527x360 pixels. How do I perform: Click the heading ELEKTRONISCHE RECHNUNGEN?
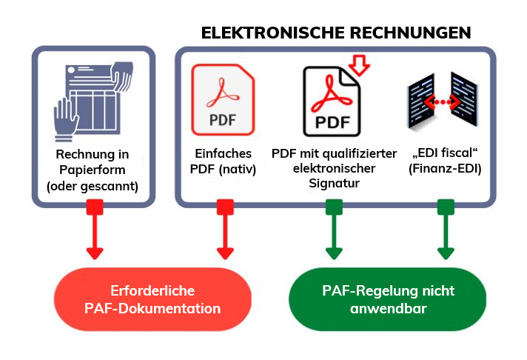336,33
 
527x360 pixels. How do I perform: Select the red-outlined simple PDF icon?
223,99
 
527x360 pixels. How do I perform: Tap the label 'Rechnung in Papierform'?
93,162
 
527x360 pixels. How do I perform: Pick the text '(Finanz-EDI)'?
445,168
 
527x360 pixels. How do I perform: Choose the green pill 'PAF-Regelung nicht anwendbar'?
387,299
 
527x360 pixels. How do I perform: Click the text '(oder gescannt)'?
93,186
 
